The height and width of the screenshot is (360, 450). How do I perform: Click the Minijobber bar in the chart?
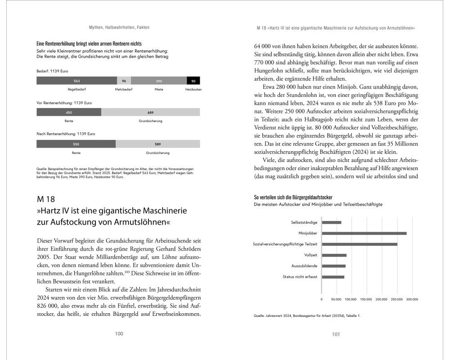(364, 233)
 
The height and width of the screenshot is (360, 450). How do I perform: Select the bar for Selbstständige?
(332, 222)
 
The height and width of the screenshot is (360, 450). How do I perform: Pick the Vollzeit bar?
(334, 255)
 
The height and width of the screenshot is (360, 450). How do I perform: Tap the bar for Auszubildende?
(334, 266)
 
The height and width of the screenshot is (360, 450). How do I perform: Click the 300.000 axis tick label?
(412, 299)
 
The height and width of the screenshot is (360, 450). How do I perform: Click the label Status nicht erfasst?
(300, 277)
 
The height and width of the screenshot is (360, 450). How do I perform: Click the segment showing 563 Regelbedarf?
(77, 81)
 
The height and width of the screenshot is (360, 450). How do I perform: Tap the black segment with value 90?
(193, 81)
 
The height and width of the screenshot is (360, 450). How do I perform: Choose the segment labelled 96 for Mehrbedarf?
(124, 81)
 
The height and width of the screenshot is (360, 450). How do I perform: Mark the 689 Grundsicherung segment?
(150, 112)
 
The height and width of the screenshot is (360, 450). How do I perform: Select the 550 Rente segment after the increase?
(76, 144)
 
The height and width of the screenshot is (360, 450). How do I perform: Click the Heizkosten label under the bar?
(193, 90)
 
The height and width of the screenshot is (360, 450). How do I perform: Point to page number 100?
(119, 334)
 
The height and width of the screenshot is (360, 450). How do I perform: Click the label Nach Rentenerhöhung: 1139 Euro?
(66, 134)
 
